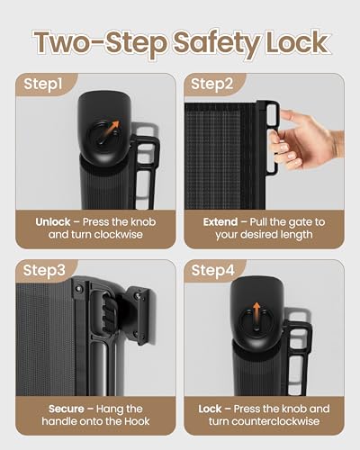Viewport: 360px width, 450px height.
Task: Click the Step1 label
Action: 43,84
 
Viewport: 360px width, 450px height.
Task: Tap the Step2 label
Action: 211,84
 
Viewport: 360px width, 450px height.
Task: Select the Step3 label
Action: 44,270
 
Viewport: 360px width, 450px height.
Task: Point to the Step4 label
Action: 212,270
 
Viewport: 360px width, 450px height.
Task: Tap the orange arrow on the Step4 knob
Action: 256,313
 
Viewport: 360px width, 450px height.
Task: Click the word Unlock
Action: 53,222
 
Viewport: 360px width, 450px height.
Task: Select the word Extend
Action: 220,222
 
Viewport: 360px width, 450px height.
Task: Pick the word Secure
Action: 67,409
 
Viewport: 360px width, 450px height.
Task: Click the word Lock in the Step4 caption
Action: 210,409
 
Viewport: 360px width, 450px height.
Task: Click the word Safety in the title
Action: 217,43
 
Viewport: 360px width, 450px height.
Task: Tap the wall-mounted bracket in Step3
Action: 139,316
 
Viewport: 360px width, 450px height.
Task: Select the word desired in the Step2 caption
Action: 264,234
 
